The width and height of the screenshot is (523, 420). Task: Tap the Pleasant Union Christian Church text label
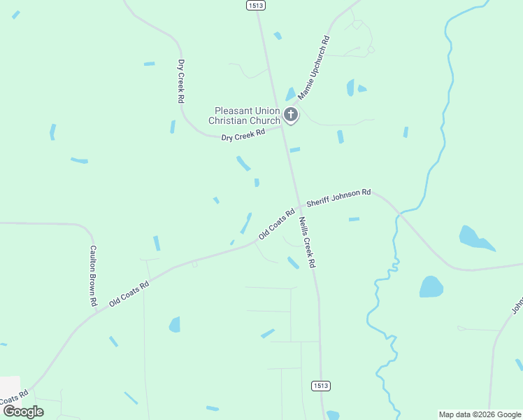(x=248, y=115)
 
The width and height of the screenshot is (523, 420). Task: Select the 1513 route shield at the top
(x=255, y=5)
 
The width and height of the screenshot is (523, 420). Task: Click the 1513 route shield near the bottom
(x=320, y=386)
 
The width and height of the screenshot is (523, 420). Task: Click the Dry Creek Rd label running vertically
(x=180, y=81)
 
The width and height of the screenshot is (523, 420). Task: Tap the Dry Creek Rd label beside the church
(x=243, y=134)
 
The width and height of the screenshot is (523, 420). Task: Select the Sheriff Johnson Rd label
(x=338, y=197)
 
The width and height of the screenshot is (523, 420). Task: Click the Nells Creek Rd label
(x=307, y=242)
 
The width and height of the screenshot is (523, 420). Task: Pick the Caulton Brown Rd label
(x=92, y=275)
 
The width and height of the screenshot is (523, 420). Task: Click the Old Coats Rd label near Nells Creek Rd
(x=277, y=223)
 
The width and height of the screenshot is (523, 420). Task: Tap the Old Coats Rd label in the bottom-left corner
(x=13, y=398)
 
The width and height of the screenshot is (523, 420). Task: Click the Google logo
(x=23, y=411)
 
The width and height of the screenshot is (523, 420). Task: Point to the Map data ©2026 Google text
(x=480, y=414)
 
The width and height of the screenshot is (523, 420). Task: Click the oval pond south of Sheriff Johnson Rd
(x=431, y=286)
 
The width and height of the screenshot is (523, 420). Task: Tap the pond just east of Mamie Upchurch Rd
(x=351, y=87)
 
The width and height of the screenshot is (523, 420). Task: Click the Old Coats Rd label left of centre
(x=130, y=294)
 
